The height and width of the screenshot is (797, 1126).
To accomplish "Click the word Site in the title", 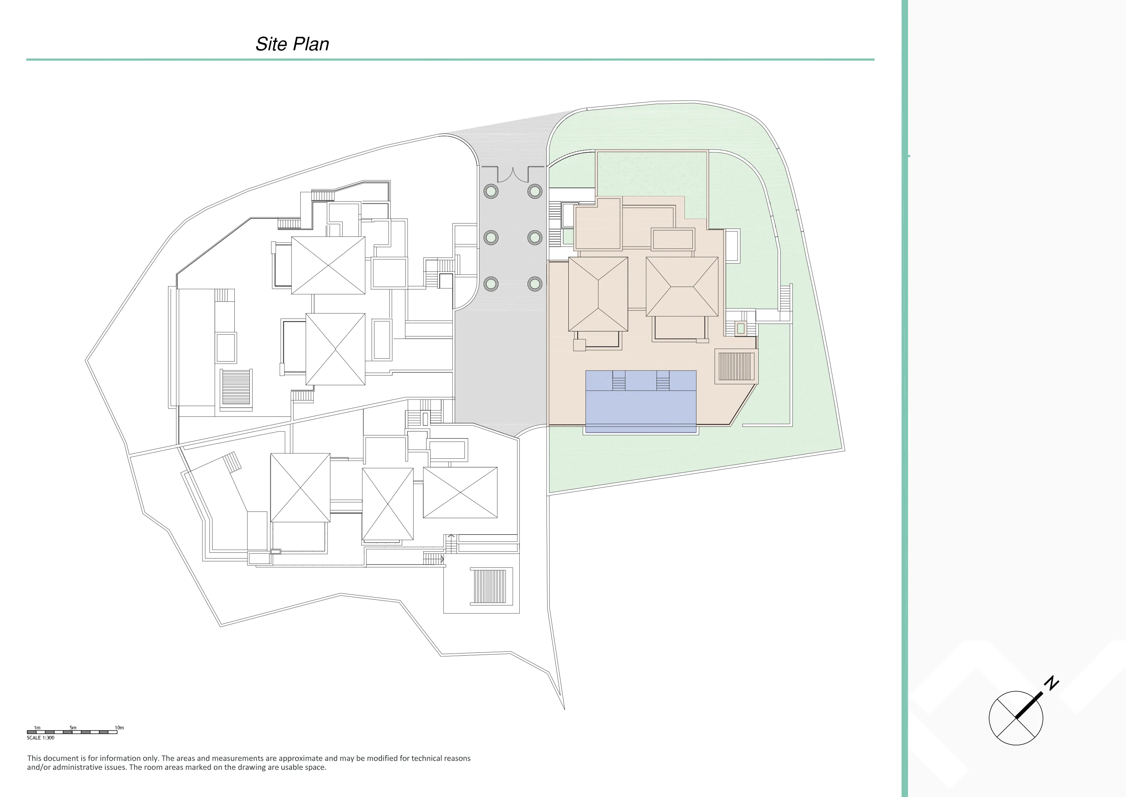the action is pos(271,44).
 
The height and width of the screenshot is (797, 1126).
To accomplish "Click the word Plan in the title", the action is pos(311,44).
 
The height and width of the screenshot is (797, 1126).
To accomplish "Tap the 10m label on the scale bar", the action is pos(119,727).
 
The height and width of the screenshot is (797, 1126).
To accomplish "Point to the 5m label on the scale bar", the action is pos(73,727).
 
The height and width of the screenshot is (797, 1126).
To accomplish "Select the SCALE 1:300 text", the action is pos(41,737).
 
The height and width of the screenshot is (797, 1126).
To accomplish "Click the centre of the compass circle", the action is pos(1016,718).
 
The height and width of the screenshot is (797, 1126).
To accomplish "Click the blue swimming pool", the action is pos(641,401).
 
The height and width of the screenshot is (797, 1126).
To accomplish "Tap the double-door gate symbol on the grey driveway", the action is pos(513,174).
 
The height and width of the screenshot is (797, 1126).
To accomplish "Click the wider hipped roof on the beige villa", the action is pos(682,287).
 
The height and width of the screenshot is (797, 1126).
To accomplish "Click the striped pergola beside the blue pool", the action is pos(736,366).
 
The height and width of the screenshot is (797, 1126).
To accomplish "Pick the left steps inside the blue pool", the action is pos(619,380).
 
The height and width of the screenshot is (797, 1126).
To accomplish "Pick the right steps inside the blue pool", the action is pos(663,380).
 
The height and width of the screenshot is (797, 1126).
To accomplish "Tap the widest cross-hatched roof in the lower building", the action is pos(460,492).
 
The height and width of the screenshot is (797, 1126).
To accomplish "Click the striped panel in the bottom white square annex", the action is pos(488,586).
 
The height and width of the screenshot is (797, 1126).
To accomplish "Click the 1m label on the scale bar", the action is pos(37,727).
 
